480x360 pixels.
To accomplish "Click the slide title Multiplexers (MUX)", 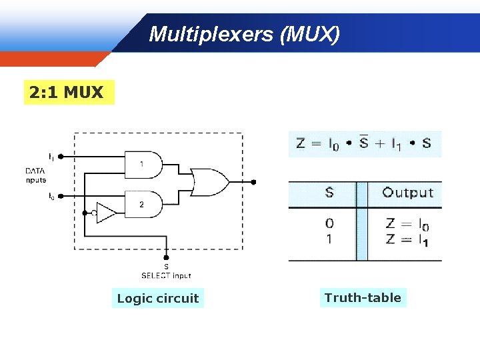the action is pos(244,34).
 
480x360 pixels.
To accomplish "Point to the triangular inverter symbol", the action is pos(106,213).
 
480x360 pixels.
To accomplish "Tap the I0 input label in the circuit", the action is pos(51,196).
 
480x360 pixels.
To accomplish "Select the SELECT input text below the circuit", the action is pos(166,275).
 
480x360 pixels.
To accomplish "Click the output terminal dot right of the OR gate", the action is pos(253,182).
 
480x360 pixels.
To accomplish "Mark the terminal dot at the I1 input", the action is pos(61,157).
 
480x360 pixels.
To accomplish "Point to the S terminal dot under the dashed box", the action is pos(167,257).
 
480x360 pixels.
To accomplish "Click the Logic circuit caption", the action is pos(158,298).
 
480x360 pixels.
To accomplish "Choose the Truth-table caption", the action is pos(363,297).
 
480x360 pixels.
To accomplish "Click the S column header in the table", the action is pos(329,193).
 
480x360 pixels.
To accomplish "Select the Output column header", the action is pos(408,193).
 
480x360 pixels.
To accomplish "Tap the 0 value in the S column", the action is pos(329,223).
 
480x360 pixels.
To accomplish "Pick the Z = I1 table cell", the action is pos(407,239).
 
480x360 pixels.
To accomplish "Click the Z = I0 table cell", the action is pos(407,225).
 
